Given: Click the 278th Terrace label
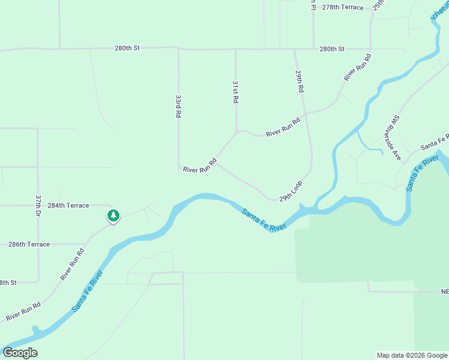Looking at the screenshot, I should (x=343, y=7).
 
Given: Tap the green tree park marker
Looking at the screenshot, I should (x=112, y=215).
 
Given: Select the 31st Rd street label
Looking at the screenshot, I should (x=235, y=91).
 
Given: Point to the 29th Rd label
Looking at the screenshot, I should (x=299, y=80).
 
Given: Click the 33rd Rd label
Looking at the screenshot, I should (x=178, y=105).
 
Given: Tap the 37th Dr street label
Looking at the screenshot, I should (x=38, y=206).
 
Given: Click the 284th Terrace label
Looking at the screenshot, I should (x=68, y=205).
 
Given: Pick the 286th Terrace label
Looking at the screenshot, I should (x=29, y=244).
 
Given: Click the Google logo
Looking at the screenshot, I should (x=20, y=352).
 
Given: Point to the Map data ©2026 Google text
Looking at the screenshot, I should (x=411, y=355).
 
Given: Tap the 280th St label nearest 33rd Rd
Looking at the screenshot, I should (x=127, y=48).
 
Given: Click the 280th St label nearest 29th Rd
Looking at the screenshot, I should (x=332, y=49).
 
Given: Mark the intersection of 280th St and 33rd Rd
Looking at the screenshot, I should (x=178, y=49).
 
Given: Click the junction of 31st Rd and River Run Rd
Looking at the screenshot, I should (x=237, y=131).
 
